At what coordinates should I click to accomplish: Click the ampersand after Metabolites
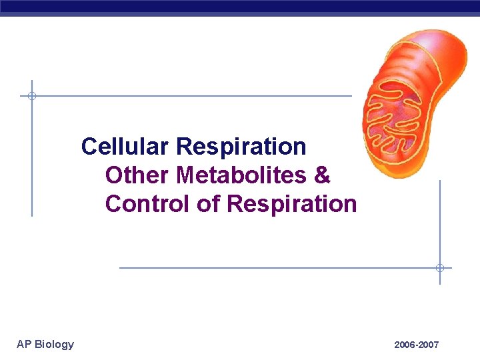(x=321, y=175)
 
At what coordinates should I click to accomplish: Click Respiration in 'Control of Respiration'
(x=292, y=203)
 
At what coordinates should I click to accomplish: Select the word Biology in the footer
(x=55, y=344)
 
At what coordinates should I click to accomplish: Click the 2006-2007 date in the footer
(x=416, y=345)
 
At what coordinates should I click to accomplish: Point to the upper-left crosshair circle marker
(x=31, y=96)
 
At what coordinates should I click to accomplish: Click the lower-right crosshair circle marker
(x=439, y=268)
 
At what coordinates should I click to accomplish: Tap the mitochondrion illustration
(x=411, y=103)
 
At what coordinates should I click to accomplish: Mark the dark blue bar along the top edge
(x=240, y=7)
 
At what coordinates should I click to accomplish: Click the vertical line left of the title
(x=31, y=160)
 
